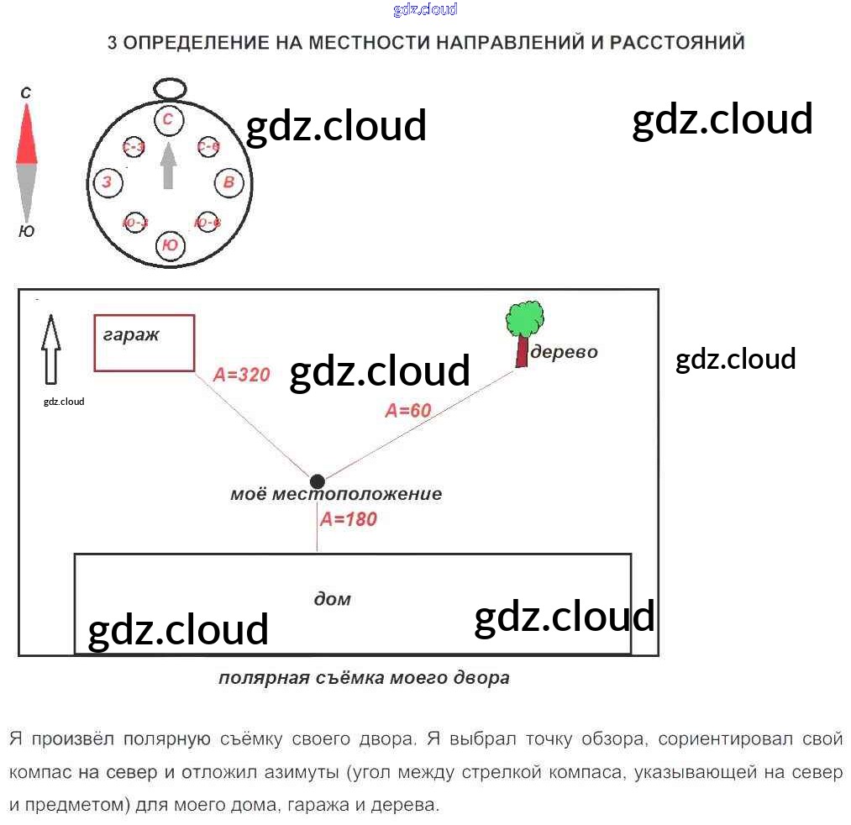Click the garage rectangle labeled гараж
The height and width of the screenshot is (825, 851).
[x=144, y=342]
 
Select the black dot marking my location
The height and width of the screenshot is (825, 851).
[x=317, y=481]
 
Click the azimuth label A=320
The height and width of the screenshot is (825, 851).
[x=242, y=375]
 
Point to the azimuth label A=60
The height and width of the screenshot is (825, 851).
[x=407, y=411]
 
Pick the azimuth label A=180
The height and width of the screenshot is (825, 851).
[x=349, y=519]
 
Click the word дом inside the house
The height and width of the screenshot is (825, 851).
[x=332, y=599]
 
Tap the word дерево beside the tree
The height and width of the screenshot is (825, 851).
[x=564, y=351]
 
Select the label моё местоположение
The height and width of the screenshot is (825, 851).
[x=336, y=494]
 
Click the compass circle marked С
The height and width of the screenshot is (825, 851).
[x=168, y=119]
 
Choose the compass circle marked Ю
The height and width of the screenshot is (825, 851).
[x=170, y=244]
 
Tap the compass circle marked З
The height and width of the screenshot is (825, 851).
[x=106, y=181]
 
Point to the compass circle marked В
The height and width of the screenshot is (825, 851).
[x=229, y=181]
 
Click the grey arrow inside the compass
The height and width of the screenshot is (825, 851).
[x=168, y=166]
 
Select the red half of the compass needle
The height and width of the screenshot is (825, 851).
[x=27, y=139]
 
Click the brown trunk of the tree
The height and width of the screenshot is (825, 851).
[x=523, y=350]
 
